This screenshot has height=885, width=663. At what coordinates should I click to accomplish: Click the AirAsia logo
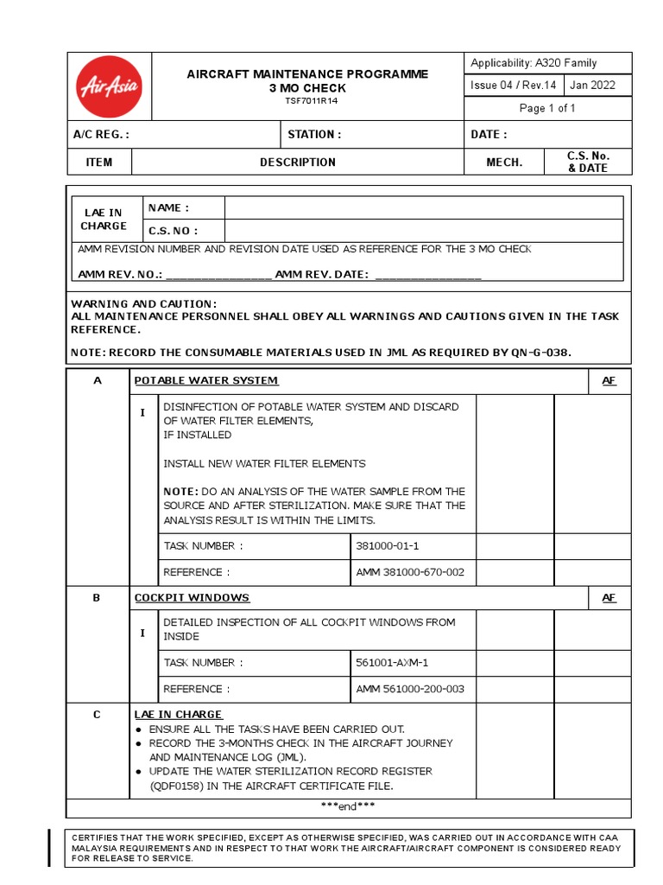(110, 86)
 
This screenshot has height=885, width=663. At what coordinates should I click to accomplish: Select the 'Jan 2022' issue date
(594, 85)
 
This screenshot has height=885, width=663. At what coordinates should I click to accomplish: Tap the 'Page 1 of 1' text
(547, 108)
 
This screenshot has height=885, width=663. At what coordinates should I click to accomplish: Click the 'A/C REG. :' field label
(101, 134)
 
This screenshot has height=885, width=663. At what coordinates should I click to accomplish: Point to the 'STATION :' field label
(314, 134)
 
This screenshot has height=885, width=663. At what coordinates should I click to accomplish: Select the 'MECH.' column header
(504, 162)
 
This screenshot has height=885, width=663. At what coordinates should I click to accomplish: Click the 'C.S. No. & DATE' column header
(588, 162)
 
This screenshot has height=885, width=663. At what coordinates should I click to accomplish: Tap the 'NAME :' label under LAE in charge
(168, 207)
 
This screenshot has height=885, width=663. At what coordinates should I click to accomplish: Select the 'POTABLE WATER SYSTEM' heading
(206, 380)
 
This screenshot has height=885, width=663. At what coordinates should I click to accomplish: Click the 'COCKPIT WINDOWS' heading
(192, 597)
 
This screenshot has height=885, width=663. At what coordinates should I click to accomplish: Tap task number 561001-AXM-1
(392, 663)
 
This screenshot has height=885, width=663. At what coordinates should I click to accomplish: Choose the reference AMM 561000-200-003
(410, 689)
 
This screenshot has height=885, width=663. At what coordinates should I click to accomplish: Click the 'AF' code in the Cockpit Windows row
(609, 597)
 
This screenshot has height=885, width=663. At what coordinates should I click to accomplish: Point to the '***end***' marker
(347, 806)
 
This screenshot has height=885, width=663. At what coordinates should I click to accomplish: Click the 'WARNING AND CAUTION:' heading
(143, 304)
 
